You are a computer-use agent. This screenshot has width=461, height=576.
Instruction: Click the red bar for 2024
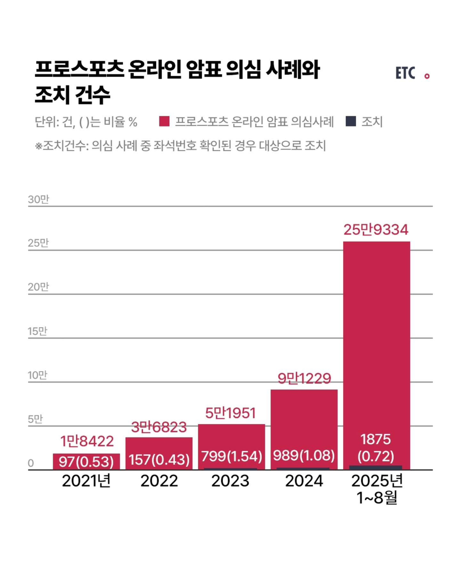304,418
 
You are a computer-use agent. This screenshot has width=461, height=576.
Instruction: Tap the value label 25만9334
376,230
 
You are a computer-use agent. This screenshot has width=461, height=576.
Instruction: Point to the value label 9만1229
304,378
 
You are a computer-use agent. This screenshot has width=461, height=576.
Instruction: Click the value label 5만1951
230,413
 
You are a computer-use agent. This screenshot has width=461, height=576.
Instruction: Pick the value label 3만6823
159,427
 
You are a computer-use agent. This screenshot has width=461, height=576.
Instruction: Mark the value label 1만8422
87,441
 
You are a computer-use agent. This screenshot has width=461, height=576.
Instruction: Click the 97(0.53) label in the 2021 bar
86,461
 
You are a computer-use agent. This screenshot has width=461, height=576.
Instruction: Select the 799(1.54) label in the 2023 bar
231,456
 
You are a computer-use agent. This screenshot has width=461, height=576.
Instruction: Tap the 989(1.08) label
304,455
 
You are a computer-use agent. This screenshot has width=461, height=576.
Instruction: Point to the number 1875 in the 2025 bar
376,439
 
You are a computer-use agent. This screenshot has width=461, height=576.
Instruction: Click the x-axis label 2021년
86,481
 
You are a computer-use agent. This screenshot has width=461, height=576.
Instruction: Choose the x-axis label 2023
230,481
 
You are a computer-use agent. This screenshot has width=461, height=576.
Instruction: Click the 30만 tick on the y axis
38,200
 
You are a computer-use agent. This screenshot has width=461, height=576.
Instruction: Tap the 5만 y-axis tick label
35,419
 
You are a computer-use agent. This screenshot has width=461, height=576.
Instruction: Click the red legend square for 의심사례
164,121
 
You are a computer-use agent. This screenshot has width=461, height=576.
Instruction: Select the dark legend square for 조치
351,121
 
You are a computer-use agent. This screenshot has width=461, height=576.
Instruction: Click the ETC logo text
405,73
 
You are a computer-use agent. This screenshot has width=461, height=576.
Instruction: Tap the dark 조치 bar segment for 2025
376,468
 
